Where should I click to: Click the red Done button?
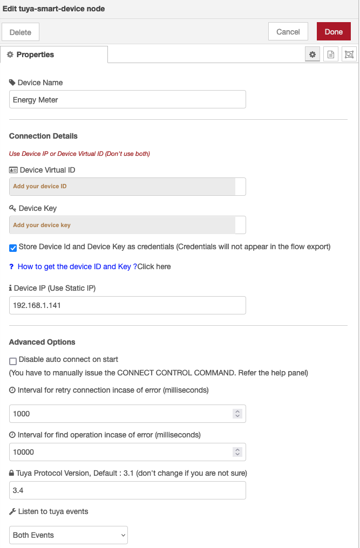334,32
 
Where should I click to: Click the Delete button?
21,32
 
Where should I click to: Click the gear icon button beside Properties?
312,54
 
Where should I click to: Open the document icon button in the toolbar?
331,54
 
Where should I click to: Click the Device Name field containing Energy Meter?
127,100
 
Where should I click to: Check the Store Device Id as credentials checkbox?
13,248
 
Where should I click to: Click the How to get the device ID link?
74,266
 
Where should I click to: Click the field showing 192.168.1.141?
127,305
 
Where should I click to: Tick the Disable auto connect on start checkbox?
13,361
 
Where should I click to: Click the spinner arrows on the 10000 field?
237,452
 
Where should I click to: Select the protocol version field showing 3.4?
127,490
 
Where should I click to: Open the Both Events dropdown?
69,535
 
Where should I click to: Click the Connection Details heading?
43,136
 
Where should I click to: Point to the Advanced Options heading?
42,342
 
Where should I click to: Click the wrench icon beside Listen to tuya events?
12,511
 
